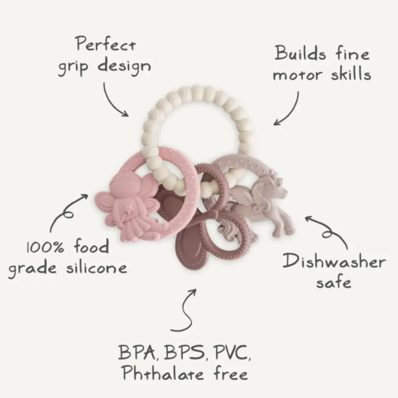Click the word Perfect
(105, 44)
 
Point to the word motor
(298, 75)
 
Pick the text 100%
(45, 247)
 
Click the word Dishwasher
(334, 261)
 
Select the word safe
(334, 282)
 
